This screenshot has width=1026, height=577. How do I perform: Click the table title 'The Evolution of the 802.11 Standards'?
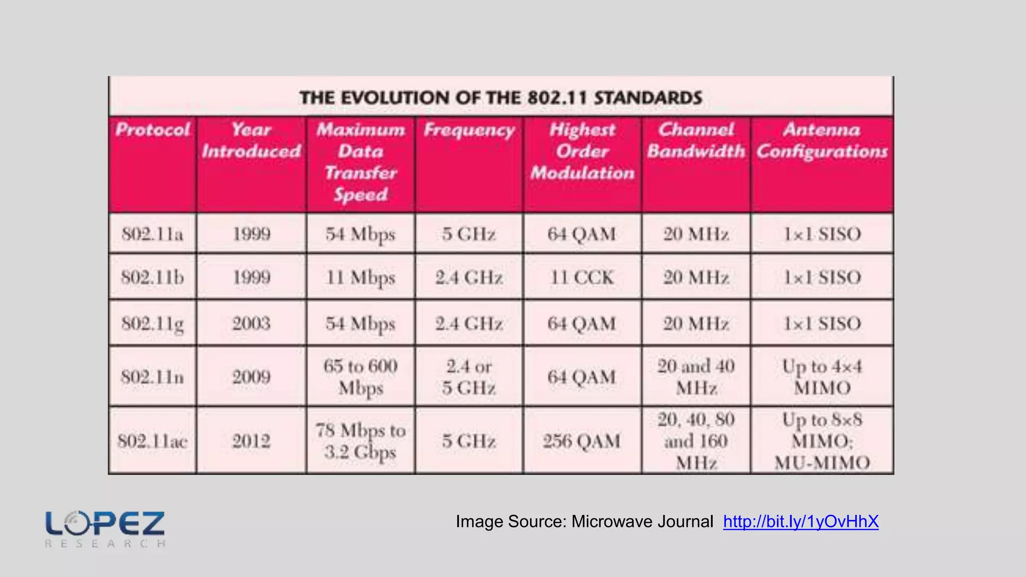pyautogui.click(x=500, y=97)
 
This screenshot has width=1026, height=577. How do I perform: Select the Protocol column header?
pyautogui.click(x=152, y=130)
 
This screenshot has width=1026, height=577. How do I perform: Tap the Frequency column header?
pyautogui.click(x=469, y=130)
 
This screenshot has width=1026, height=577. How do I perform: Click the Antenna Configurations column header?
pyautogui.click(x=822, y=141)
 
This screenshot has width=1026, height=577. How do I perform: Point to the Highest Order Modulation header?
pyautogui.click(x=582, y=151)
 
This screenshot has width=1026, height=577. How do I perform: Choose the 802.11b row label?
pyautogui.click(x=152, y=277)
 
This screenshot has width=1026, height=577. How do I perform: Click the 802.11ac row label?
pyautogui.click(x=152, y=441)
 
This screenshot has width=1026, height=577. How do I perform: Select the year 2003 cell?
pyautogui.click(x=251, y=324)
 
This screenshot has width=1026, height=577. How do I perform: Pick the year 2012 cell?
pyautogui.click(x=251, y=441)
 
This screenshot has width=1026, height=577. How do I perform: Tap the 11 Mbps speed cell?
pyautogui.click(x=360, y=277)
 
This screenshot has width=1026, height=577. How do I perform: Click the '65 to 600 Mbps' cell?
pyautogui.click(x=360, y=377)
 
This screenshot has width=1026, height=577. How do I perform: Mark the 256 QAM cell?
pyautogui.click(x=582, y=441)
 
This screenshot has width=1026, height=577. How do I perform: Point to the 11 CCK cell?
pyautogui.click(x=582, y=277)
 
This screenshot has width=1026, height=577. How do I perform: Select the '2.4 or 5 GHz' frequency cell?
pyautogui.click(x=469, y=377)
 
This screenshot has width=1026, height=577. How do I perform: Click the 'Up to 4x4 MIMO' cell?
pyautogui.click(x=822, y=377)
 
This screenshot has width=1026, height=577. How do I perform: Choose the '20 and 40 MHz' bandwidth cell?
pyautogui.click(x=696, y=377)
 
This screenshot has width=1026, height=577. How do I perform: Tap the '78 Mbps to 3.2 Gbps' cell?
pyautogui.click(x=360, y=441)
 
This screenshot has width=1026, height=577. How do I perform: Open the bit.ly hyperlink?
pyautogui.click(x=801, y=522)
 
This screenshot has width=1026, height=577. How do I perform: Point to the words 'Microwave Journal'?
pyautogui.click(x=642, y=522)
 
